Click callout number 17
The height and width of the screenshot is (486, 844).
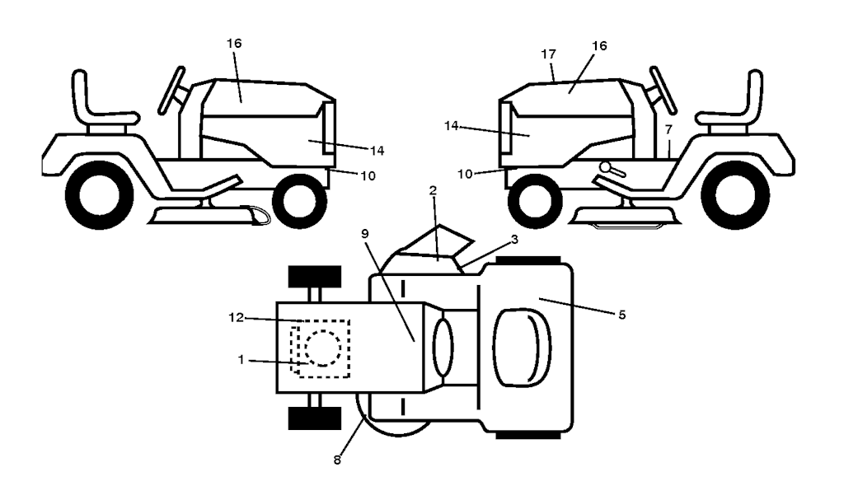(x=548, y=54)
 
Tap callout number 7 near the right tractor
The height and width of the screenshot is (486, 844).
(x=668, y=129)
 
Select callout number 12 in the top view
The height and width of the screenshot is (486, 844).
(x=237, y=317)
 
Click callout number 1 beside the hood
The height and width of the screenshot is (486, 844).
(x=241, y=359)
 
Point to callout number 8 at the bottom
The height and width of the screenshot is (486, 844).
(x=337, y=460)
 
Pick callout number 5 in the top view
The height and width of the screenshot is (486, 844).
(x=622, y=315)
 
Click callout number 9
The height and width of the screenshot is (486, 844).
(x=365, y=234)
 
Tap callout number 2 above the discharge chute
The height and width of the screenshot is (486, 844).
(x=433, y=190)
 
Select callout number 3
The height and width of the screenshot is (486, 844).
(x=514, y=239)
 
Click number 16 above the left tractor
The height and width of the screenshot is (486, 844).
(x=234, y=43)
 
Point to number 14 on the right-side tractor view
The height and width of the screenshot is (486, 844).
(x=451, y=125)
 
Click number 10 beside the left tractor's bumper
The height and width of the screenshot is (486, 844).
(x=368, y=176)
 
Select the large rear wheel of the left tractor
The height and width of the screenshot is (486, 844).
(x=99, y=195)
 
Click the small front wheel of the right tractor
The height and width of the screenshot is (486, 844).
(x=534, y=200)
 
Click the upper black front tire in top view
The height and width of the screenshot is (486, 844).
(x=315, y=277)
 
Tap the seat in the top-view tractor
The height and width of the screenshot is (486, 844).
(x=523, y=348)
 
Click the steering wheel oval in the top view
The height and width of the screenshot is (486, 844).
(x=443, y=347)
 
